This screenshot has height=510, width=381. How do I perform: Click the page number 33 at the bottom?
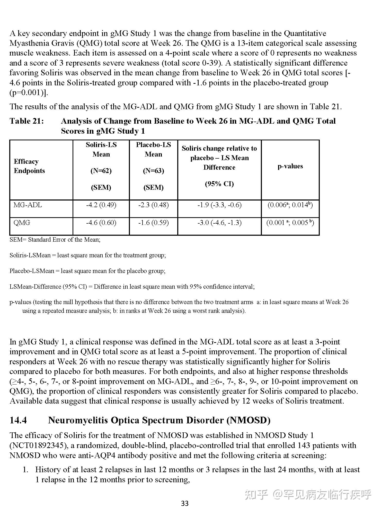[185, 503]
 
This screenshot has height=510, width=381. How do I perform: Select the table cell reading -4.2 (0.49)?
[101, 205]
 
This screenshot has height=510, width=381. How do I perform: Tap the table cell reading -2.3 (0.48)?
[153, 205]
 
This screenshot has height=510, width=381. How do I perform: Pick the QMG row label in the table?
[22, 223]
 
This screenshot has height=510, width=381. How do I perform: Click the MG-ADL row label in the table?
[28, 205]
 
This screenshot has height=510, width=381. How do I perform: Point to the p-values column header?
[290, 166]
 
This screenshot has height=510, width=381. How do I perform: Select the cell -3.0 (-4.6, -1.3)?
[219, 223]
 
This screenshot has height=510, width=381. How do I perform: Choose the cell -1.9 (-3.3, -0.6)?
[219, 205]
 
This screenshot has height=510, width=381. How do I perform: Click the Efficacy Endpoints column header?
[29, 166]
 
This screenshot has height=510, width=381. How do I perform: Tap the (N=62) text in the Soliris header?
[101, 171]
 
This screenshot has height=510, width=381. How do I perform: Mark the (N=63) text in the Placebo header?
[153, 171]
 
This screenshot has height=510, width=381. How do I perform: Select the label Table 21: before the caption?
[27, 121]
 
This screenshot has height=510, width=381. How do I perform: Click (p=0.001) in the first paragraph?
[28, 93]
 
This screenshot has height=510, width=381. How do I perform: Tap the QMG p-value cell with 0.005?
[290, 223]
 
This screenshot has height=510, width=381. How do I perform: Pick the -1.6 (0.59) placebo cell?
[153, 223]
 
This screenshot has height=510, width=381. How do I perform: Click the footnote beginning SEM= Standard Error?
[55, 240]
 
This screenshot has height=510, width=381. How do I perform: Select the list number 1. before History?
[25, 470]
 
